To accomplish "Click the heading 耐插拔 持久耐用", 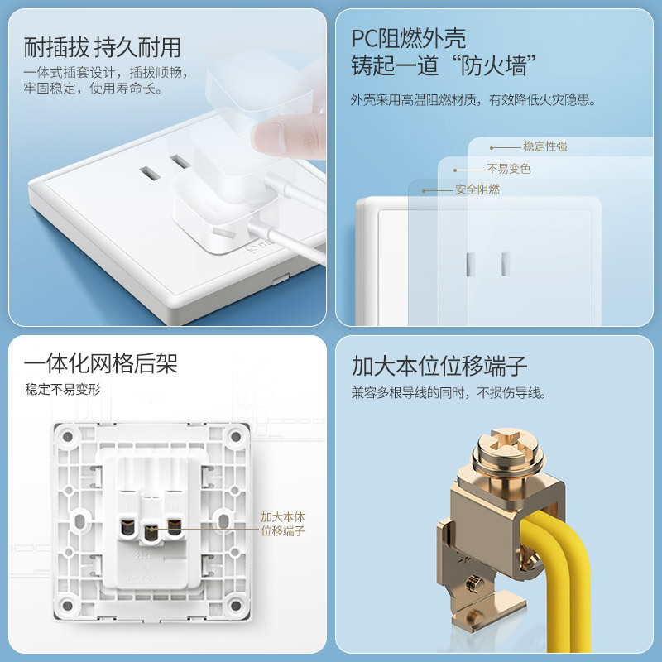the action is (102, 47).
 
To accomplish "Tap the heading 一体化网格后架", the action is (100, 363).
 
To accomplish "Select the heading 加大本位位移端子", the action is (439, 366).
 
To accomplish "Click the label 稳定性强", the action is (545, 146).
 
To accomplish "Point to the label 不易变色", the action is (509, 169).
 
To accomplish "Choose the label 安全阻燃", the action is (477, 189).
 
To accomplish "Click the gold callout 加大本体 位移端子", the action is (282, 524).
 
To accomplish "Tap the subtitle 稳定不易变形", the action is (63, 389).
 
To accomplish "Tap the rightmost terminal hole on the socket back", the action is (174, 528).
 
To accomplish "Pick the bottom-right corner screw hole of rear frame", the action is (236, 606).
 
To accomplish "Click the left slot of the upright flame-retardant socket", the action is (471, 264).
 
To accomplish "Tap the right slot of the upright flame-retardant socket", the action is (506, 264).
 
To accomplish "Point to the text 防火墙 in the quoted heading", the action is (493, 66).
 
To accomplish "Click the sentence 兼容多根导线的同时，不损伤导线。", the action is (449, 393).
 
